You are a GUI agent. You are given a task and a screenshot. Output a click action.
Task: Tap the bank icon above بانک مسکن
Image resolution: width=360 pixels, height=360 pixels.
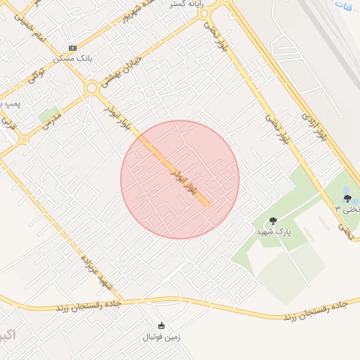coord(72,48)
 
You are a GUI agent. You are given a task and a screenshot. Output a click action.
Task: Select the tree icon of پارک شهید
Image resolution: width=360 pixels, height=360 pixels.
coord(274,221)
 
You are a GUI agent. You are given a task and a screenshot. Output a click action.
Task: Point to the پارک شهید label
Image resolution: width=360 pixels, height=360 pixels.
coord(273,231)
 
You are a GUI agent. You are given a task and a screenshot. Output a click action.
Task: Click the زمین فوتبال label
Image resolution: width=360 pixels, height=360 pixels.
coord(162,337)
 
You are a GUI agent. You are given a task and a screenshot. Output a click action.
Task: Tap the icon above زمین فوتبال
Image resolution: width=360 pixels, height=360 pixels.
coord(162,326)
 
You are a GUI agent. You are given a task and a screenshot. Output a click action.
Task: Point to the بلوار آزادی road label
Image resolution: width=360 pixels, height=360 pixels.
coord(314,126)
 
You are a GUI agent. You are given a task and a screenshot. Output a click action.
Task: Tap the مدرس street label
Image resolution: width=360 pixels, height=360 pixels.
coord(51,123)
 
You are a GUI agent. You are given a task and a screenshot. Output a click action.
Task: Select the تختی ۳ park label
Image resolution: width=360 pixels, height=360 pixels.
coord(348,209)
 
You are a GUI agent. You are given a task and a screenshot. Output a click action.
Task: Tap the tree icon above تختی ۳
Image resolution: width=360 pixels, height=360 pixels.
coord(347,198)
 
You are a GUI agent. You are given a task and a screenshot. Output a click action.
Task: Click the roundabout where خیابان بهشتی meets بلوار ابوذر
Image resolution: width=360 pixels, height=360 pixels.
coord(91,88)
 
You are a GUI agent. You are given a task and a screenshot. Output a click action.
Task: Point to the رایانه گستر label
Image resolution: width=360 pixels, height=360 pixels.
coord(181,4)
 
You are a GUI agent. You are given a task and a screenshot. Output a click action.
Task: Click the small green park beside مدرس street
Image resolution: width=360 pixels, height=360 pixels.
coord(48,112)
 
